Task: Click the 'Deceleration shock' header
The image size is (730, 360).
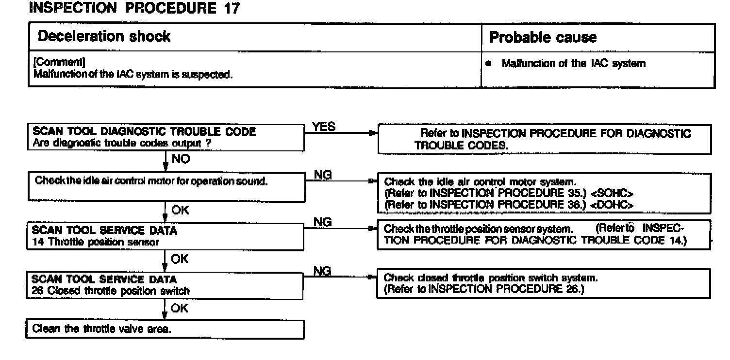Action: (x=104, y=37)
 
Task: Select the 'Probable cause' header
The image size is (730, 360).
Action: (x=543, y=37)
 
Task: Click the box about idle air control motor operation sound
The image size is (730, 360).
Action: (x=165, y=186)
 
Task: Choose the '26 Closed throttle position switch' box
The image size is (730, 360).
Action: (x=165, y=285)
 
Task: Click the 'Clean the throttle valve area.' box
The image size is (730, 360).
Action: (x=165, y=329)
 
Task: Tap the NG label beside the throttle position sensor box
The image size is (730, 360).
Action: (x=323, y=222)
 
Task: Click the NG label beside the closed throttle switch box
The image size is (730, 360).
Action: (x=323, y=272)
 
